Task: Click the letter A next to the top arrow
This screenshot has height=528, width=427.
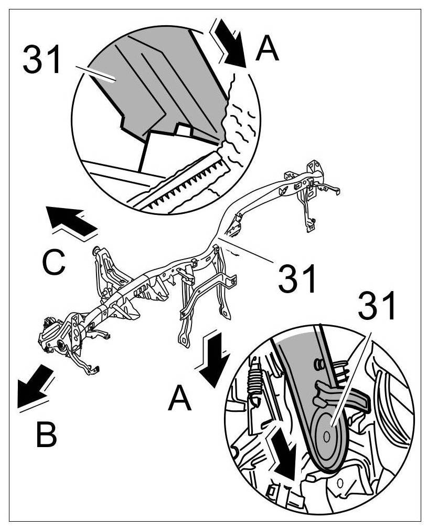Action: click(x=267, y=51)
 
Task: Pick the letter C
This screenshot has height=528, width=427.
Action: click(x=54, y=263)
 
